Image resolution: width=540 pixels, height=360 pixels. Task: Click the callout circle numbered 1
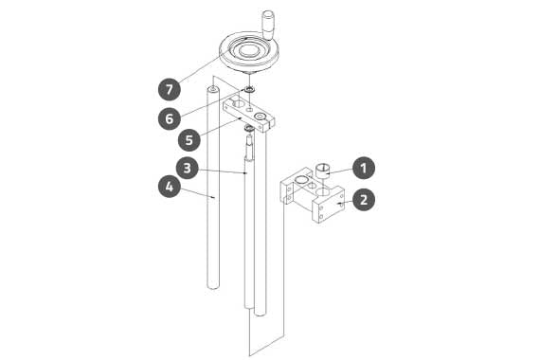coord(364,168)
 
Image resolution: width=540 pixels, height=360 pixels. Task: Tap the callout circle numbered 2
coord(364,200)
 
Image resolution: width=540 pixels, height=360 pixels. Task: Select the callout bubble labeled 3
coord(188,168)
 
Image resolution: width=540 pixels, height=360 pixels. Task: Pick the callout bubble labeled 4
coord(169,187)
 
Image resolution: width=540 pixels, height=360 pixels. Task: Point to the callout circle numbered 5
coord(189,140)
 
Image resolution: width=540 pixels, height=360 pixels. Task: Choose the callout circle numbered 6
coord(169,118)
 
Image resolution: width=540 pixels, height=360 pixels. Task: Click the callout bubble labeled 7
coord(169,90)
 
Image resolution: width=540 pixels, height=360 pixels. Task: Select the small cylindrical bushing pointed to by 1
coord(323,171)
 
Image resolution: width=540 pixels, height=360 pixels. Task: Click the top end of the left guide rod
coord(213,90)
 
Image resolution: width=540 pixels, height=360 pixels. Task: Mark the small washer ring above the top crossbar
coord(249,90)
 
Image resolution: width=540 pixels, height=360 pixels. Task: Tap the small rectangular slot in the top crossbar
coord(250,110)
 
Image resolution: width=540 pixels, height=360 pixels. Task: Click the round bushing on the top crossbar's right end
coord(260,117)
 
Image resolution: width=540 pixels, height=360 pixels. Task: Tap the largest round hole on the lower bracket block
coord(323,192)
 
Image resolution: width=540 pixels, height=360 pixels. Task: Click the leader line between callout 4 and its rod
coord(197,192)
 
